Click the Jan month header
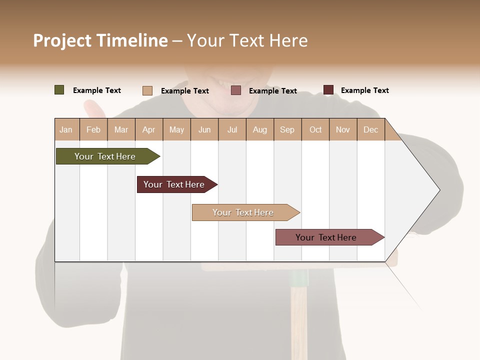click(x=66, y=129)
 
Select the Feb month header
click(x=93, y=129)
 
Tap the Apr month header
click(x=149, y=129)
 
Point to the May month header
click(x=176, y=129)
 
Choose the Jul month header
click(x=232, y=129)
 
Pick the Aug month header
click(x=260, y=129)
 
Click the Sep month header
click(x=287, y=129)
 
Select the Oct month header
click(x=315, y=129)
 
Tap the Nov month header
click(x=343, y=129)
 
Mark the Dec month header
click(x=371, y=129)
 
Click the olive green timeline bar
click(x=105, y=156)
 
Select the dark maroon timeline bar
click(x=174, y=184)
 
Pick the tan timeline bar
click(x=243, y=212)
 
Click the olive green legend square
click(x=59, y=90)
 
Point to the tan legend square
click(x=147, y=90)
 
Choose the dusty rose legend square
click(x=236, y=90)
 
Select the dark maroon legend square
click(x=328, y=90)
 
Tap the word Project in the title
click(x=62, y=40)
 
